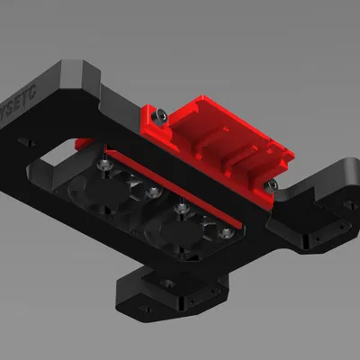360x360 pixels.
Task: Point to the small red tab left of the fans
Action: (82, 143)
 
